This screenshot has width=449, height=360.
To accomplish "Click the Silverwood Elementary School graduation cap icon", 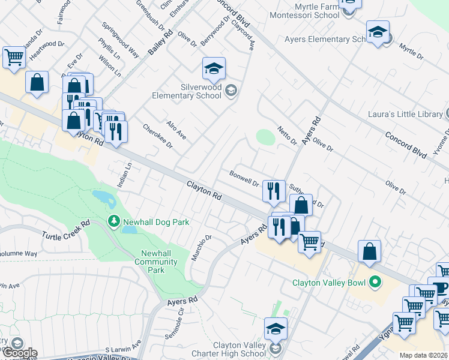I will pos(213,69).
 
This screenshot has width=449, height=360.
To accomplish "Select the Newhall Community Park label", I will pos(156,262).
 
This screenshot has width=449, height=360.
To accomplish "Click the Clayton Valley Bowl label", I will pos(330,282).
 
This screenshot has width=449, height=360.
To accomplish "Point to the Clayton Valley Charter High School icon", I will pos(276,329).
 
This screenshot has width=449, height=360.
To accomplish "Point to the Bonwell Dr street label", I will pos(244,178).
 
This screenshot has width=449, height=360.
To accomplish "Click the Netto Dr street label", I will pos(288,136).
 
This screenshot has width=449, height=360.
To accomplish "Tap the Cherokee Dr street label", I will pos(158,136).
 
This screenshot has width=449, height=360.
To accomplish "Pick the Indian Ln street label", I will pos(124,175).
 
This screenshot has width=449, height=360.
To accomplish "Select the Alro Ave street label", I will pos(176,129).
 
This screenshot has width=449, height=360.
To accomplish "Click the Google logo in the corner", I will pos(19,353).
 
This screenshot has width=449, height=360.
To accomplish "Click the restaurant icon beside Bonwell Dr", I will pos(273,191).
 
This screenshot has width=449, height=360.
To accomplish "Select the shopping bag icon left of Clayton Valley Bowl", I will pos(370,251).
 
